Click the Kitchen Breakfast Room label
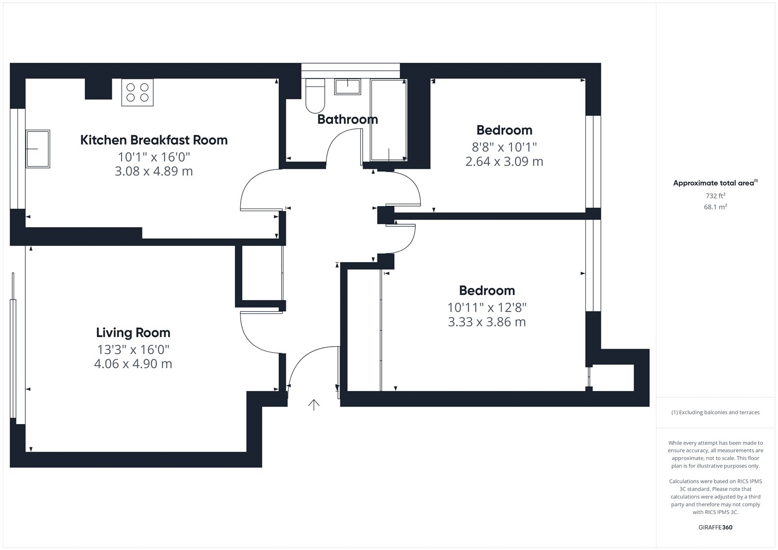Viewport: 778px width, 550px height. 154,140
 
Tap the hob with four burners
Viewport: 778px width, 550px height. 137,92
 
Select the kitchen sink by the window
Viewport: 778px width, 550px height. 38,149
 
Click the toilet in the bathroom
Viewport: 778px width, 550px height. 315,95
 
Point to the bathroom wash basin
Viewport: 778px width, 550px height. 347,87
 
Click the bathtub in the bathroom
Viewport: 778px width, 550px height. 389,120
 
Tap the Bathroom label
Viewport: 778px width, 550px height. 347,120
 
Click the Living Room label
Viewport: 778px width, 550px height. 133,333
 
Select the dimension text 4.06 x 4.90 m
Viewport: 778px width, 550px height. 133,364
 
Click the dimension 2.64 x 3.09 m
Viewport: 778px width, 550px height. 504,161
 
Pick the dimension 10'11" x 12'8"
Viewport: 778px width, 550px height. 487,307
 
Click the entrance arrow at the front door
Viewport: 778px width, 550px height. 314,405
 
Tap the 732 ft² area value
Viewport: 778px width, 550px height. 715,195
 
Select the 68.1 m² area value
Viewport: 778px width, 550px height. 715,207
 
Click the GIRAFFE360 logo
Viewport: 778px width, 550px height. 715,527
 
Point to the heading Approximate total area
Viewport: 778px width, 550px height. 715,183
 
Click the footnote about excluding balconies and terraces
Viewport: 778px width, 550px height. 715,412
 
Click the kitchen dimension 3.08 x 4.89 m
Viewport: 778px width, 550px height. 154,171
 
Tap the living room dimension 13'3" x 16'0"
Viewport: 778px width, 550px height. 133,350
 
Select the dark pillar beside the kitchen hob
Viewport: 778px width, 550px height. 98,89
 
